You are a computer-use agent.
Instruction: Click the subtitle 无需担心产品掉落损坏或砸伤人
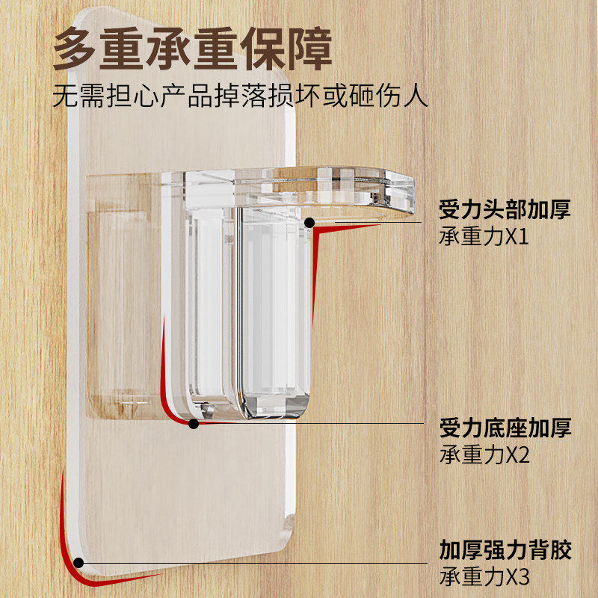point(241,98)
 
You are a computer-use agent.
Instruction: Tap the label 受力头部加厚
point(505,209)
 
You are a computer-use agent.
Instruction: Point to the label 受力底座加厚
point(505,428)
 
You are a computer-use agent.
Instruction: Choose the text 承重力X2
point(484,455)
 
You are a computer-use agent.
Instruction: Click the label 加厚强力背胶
point(505,552)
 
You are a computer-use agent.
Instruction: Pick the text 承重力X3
point(484,578)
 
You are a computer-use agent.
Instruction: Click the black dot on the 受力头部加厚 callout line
point(309,222)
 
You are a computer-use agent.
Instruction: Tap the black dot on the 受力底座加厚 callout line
point(194,424)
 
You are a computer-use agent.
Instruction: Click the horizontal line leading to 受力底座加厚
point(314,424)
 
